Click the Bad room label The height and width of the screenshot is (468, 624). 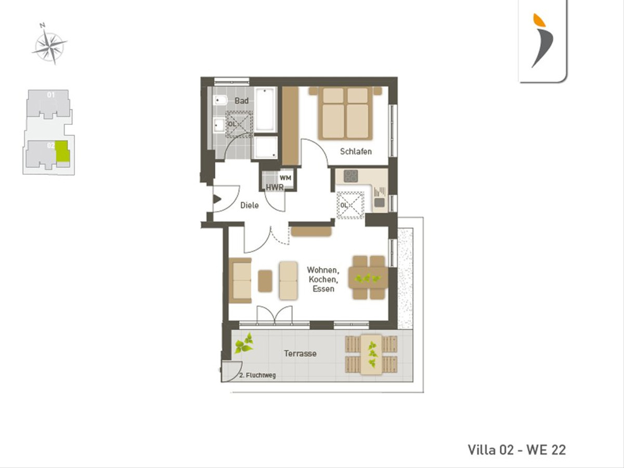click(241, 100)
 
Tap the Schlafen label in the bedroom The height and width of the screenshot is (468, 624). click(356, 151)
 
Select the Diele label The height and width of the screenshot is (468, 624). click(249, 205)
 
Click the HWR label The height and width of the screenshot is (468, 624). click(275, 188)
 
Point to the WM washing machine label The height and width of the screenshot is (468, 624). click(285, 178)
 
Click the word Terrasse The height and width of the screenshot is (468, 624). click(300, 354)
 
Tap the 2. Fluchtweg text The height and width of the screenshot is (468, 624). click(257, 375)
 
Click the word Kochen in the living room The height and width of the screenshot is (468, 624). click(323, 279)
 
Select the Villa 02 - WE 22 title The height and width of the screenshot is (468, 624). click(517, 450)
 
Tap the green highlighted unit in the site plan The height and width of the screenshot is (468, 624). click(62, 151)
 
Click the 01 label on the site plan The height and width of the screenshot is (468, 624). click(51, 94)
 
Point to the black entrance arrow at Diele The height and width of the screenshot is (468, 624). click(217, 199)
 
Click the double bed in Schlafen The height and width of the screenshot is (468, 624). click(345, 113)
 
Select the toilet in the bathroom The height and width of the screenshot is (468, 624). click(220, 100)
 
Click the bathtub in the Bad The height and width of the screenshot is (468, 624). click(265, 109)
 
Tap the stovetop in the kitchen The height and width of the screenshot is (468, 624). click(351, 176)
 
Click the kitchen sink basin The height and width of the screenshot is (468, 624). click(380, 203)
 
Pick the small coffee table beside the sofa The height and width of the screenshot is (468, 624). click(265, 281)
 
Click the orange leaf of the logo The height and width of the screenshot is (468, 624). click(540, 20)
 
